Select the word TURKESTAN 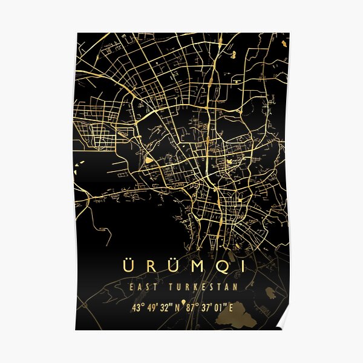(206, 287)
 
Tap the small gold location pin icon (183, 306)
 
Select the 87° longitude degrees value (192, 307)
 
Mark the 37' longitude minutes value (206, 307)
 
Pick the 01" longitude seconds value (218, 307)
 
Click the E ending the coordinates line (230, 307)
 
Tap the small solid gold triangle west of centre (148, 160)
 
